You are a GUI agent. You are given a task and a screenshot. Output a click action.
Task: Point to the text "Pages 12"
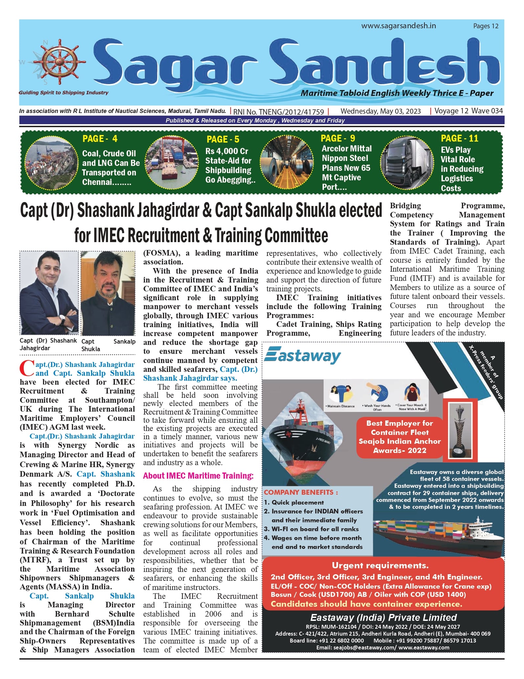tap(486, 26)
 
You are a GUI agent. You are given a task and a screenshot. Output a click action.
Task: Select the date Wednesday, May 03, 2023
tap(380, 111)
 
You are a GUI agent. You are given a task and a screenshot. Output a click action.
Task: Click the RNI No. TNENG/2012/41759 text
tap(279, 112)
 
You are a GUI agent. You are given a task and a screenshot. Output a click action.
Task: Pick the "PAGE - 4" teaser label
tap(100, 139)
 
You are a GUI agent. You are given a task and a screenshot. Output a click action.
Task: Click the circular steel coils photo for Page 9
tap(287, 163)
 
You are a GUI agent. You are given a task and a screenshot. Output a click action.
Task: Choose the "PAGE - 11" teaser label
tap(459, 139)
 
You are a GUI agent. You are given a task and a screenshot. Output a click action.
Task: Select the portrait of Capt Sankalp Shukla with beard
tap(108, 293)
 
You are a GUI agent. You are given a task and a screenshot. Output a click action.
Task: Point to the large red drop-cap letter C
tap(27, 369)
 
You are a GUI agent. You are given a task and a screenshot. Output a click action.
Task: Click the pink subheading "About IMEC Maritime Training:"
tap(198, 476)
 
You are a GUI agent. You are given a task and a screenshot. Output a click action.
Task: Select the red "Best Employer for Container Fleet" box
tap(399, 437)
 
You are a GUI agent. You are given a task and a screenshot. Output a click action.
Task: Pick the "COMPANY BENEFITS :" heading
tap(301, 492)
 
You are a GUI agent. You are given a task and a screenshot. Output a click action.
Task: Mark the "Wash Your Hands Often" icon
tap(377, 396)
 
